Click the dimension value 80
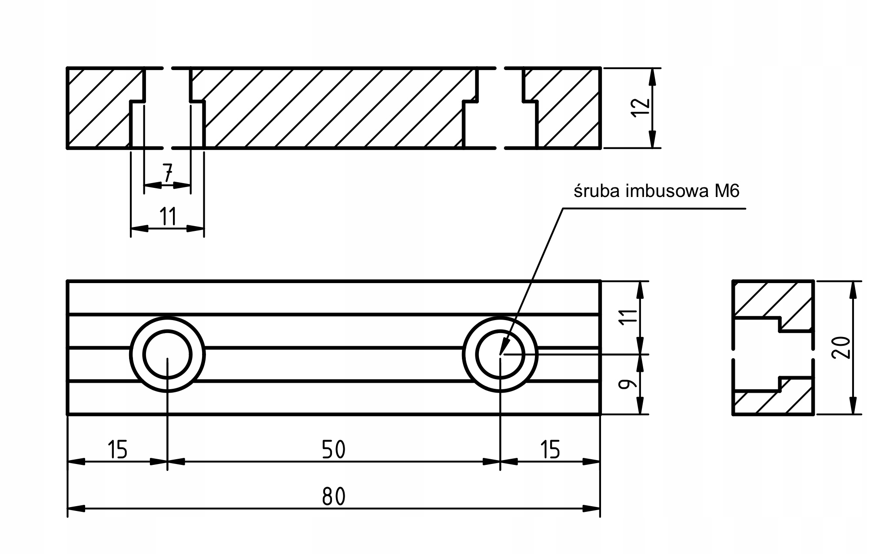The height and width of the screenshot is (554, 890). point(334,496)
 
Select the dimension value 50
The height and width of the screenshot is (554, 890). point(334,450)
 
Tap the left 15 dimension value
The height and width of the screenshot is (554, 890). point(117,450)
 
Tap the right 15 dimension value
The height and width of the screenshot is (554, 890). point(550,450)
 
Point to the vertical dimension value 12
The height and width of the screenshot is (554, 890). point(641,107)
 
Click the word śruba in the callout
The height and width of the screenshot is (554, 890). point(597,191)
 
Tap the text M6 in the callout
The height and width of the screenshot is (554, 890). point(727,191)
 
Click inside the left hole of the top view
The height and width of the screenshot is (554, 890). point(167,354)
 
